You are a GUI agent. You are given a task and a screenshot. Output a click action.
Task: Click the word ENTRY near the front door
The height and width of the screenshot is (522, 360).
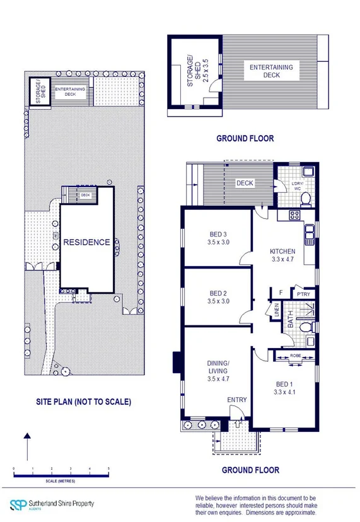coord(237,400)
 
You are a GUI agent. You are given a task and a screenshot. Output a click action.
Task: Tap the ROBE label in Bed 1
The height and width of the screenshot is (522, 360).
coord(296,356)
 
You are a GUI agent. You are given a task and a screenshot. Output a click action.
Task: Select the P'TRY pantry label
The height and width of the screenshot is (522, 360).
coord(303,293)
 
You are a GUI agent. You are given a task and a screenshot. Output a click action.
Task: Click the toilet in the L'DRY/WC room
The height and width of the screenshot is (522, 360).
coord(306,199)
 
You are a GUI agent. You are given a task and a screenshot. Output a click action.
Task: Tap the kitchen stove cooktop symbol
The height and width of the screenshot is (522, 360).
coord(294,216)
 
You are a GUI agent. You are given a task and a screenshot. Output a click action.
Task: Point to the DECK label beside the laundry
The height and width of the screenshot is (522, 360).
coord(245,183)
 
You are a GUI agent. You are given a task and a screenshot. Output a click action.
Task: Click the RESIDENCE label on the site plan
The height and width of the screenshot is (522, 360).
coord(86,242)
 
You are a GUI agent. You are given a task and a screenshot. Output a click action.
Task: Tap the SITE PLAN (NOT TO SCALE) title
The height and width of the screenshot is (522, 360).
coord(86,402)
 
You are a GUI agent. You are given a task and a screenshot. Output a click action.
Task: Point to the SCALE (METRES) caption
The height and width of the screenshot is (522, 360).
coord(61,481)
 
